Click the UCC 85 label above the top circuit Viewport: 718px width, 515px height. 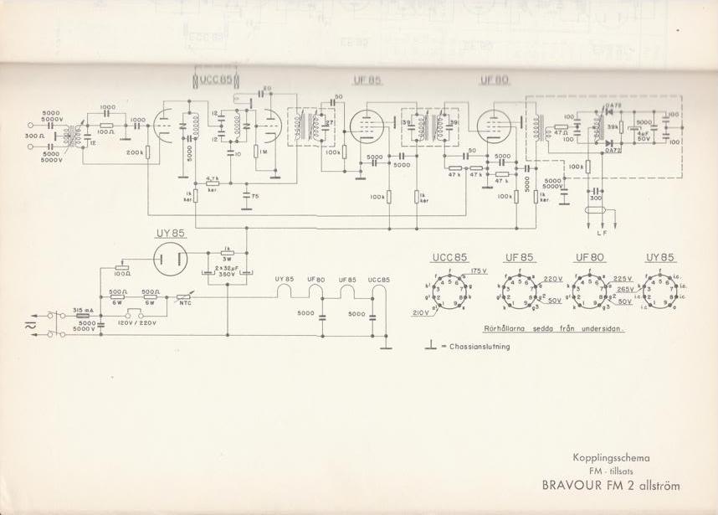tap(216, 80)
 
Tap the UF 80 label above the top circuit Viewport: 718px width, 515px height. tap(491, 80)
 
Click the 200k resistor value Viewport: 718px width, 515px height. tap(134, 152)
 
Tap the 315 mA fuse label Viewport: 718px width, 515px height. tap(83, 308)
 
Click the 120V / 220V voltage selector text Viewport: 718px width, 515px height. tap(137, 322)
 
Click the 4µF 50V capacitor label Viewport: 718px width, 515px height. tap(643, 136)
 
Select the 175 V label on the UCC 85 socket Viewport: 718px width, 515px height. tap(479, 271)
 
